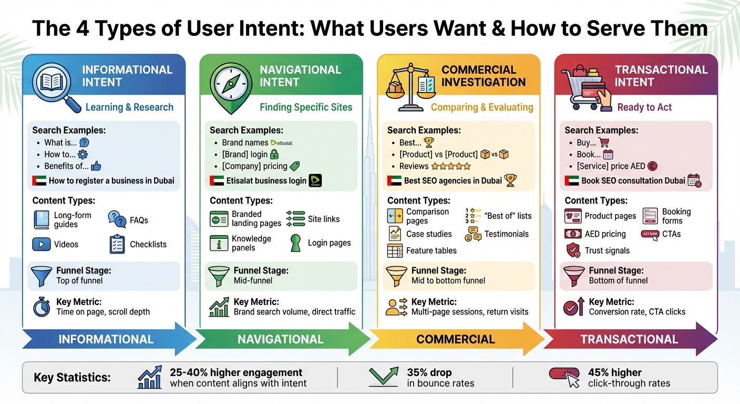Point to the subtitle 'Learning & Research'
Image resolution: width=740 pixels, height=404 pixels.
click(x=129, y=107)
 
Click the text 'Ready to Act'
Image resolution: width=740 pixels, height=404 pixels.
click(x=644, y=107)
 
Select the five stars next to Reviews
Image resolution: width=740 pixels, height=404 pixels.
click(x=451, y=166)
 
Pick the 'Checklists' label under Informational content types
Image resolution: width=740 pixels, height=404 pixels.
click(x=148, y=245)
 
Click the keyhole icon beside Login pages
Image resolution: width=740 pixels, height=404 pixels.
click(x=296, y=243)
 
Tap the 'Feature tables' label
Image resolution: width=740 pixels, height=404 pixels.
click(x=431, y=251)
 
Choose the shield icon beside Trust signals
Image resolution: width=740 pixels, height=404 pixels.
click(x=573, y=250)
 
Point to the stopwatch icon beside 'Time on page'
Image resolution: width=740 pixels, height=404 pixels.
click(x=42, y=307)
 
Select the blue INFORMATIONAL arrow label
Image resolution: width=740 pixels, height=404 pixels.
click(x=106, y=339)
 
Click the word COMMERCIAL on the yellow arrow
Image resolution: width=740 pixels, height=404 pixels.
click(x=455, y=339)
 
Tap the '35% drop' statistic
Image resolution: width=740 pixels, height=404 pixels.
click(x=429, y=372)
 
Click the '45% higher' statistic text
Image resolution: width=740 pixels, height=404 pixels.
click(x=614, y=372)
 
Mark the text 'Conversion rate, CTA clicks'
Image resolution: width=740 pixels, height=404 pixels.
click(x=637, y=312)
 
